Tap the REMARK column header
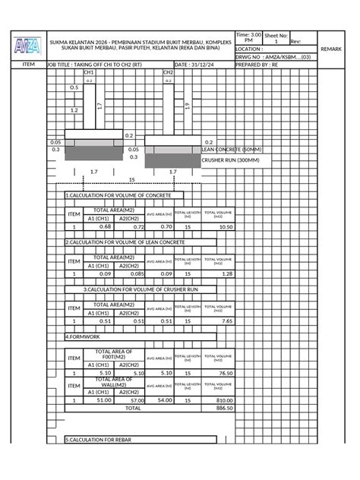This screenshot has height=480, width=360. click(331, 49)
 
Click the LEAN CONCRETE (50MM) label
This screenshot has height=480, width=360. click(232, 150)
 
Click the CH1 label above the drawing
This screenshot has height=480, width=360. click(89, 73)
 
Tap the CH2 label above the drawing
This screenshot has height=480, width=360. click(168, 73)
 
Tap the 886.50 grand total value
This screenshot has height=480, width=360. click(224, 408)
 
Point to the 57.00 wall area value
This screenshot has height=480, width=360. click(137, 399)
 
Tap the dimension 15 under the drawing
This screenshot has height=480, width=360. click(131, 180)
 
